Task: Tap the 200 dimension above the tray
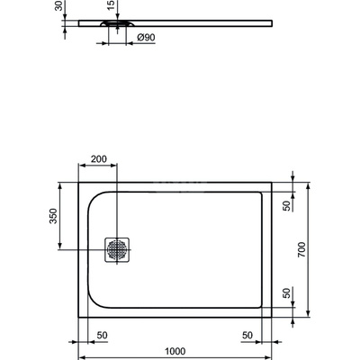click(x=98, y=159)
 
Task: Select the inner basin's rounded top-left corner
click(x=94, y=194)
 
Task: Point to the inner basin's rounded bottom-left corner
click(x=94, y=303)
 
